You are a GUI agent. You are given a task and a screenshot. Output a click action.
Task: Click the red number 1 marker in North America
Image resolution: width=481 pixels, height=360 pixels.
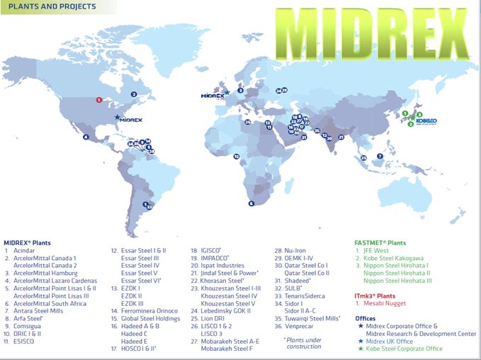(99, 100)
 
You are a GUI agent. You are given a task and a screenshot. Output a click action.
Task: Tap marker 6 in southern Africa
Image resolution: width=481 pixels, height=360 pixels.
(251, 203)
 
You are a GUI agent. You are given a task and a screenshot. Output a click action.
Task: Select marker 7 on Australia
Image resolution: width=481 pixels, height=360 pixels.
(380, 156)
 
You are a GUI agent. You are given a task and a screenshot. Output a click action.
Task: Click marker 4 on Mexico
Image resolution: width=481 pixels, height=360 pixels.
(86, 137)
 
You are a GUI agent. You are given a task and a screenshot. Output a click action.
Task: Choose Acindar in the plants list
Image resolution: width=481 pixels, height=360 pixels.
(26, 250)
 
